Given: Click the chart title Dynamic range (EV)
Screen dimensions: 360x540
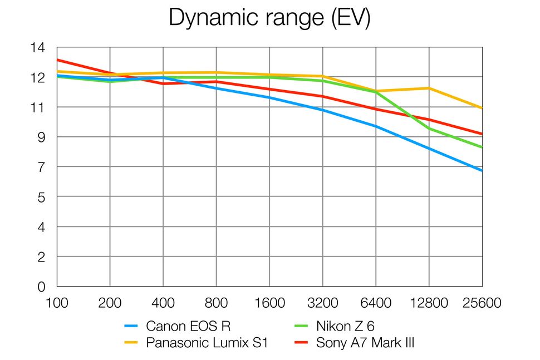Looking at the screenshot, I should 269,18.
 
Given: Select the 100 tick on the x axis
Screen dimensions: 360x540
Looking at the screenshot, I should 57,303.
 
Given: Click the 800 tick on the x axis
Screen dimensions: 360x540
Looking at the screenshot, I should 217,303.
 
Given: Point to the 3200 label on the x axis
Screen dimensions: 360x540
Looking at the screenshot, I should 323,303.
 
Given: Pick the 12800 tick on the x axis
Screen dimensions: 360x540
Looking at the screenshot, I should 429,303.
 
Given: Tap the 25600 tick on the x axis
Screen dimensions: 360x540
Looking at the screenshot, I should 482,303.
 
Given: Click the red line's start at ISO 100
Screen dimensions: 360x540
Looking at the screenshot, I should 58,60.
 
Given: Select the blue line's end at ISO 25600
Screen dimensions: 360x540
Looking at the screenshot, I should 482,170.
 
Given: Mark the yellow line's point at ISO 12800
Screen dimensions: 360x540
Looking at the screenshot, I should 429,88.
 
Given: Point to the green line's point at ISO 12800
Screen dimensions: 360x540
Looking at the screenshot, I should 429,129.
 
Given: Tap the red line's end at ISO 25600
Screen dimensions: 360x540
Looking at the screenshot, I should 482,134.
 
